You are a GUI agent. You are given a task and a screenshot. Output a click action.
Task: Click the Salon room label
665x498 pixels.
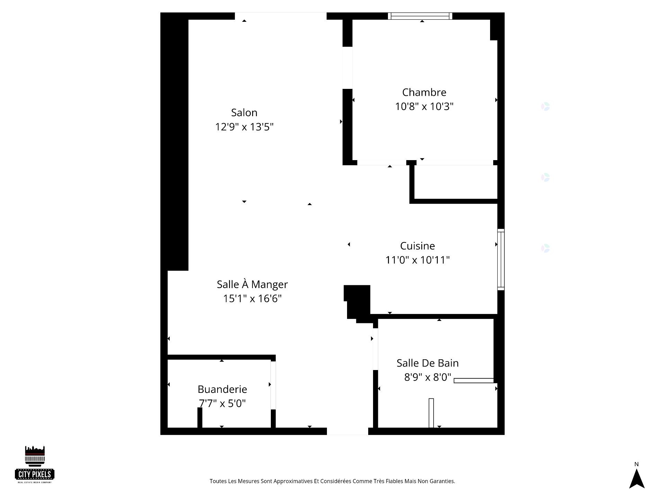coord(244,113)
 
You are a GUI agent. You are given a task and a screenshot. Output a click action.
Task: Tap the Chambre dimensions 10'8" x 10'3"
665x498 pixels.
coord(424,107)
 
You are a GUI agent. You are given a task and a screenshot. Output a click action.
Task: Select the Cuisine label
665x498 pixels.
coord(417,246)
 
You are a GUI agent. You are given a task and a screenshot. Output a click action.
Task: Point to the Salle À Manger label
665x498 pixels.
coord(252,284)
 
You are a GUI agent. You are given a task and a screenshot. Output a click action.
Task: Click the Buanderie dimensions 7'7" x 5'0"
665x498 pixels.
coord(222,403)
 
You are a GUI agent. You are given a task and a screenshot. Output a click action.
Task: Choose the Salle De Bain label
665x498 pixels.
coord(427,363)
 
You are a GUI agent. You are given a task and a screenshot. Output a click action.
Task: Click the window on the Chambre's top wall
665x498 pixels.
coord(420,16)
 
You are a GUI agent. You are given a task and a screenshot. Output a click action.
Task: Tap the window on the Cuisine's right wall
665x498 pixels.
coord(501,259)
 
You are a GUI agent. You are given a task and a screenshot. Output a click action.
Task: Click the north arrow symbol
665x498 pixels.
coord(637,479)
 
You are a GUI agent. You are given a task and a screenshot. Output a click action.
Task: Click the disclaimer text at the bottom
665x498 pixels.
coord(332,481)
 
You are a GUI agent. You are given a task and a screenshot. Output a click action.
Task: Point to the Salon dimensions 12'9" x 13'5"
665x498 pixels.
coord(244,127)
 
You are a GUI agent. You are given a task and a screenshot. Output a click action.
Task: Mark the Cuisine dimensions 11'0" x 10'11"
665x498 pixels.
coord(417,260)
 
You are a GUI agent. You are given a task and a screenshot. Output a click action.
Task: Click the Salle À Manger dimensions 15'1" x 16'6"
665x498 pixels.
coord(252,298)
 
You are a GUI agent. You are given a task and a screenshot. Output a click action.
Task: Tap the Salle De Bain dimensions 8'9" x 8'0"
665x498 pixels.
coord(427,377)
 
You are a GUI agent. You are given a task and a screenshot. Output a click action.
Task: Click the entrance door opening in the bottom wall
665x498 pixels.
coord(347,431)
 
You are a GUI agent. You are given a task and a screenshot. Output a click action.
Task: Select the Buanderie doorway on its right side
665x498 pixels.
coord(273,385)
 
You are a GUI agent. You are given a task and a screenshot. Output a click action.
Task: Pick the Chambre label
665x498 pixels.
coord(424,92)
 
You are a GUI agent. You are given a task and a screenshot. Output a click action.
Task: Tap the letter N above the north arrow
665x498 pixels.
coord(636,464)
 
